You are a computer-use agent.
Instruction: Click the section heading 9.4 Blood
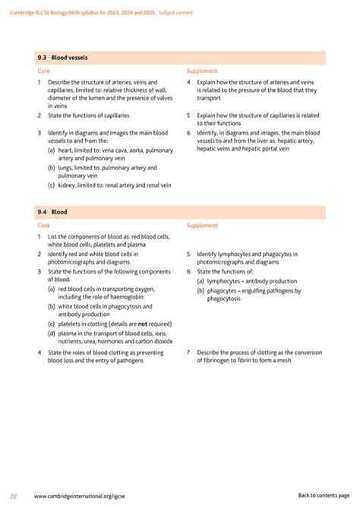52,212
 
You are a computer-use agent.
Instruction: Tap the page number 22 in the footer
13,495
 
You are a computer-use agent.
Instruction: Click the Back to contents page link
324,495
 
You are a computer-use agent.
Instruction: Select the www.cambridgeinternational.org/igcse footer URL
80,495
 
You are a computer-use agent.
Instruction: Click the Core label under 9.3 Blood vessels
43,71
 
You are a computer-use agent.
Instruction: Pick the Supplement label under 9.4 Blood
201,226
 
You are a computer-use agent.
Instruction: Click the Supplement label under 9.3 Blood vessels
201,71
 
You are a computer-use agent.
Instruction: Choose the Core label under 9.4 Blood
43,226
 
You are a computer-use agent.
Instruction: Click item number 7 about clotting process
188,353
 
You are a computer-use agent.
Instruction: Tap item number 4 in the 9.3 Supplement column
188,82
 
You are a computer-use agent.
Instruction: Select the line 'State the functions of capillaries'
89,115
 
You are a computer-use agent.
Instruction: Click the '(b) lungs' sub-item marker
51,168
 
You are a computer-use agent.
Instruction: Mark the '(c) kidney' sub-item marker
51,185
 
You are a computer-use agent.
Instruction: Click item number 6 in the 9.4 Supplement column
188,271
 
